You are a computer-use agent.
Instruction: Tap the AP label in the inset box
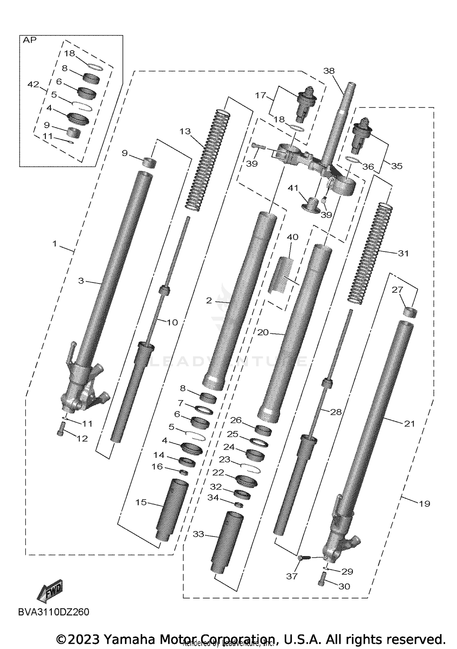(x=30, y=40)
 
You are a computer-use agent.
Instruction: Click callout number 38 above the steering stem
(x=329, y=71)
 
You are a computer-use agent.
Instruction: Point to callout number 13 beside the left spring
(x=185, y=131)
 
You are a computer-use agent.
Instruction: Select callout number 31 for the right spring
(x=403, y=253)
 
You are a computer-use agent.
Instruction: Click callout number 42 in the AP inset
(x=33, y=84)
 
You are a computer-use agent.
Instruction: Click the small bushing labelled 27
(x=410, y=313)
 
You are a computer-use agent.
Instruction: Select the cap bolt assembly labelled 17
(x=306, y=103)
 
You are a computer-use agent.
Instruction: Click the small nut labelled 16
(x=183, y=472)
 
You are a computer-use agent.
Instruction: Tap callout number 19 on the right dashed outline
(x=424, y=504)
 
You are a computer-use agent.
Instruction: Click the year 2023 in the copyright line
(x=83, y=639)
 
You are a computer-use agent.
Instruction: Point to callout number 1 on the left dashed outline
(x=55, y=244)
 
